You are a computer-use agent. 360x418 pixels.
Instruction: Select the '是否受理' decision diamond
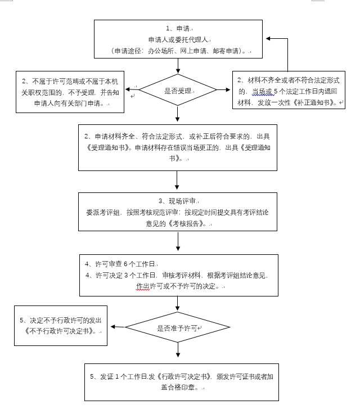pos(178,89)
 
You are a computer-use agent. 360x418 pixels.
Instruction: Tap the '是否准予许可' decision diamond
pos(178,327)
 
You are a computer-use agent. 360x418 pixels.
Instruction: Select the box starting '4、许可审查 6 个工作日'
pos(178,275)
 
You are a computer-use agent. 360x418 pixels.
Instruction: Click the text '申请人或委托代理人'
pos(178,40)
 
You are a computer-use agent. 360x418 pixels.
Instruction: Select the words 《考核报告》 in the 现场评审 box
pos(191,224)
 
